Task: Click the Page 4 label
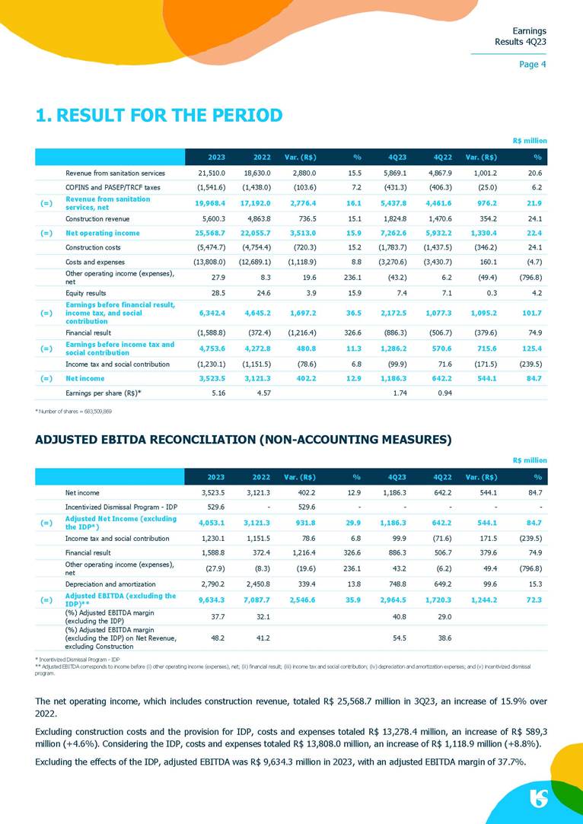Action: point(532,65)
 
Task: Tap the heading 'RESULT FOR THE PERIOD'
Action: point(159,116)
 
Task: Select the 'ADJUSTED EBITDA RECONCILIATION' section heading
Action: point(244,439)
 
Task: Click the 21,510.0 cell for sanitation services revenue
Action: point(209,173)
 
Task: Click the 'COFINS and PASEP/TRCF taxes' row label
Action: point(113,187)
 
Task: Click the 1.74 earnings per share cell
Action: point(397,393)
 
